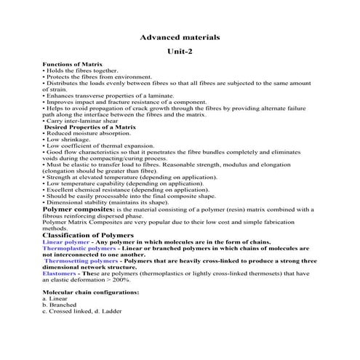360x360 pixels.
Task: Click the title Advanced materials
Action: coord(179,36)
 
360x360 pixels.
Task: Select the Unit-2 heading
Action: coord(179,51)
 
